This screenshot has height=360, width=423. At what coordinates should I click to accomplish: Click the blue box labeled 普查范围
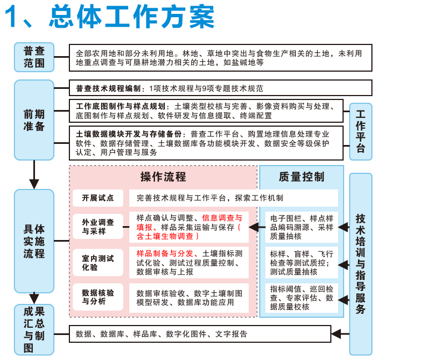34,57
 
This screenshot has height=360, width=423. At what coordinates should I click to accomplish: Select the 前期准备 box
34,120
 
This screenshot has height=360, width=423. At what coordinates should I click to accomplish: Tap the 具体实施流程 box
34,241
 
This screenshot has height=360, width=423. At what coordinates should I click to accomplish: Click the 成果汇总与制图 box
34,329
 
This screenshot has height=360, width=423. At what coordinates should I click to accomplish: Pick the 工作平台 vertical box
361,132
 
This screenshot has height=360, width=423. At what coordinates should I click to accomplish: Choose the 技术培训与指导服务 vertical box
361,264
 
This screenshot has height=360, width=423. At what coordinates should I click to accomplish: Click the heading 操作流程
163,177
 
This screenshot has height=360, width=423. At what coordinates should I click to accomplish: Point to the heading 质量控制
301,177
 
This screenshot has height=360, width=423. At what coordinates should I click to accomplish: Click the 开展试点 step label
98,198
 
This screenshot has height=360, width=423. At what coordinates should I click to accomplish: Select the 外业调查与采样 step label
98,227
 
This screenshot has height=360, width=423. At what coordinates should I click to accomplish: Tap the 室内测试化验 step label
98,263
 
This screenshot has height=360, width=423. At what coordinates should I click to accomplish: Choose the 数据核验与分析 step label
98,297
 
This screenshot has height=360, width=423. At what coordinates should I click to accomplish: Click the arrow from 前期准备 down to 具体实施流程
34,174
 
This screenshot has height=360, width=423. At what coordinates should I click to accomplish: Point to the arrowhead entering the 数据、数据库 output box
336,334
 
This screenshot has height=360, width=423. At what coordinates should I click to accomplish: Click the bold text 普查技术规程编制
108,88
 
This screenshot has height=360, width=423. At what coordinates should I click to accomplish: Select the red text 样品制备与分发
165,253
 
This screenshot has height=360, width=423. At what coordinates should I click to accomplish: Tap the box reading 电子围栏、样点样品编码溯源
301,227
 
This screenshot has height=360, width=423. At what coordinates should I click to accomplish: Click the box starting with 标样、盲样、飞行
301,263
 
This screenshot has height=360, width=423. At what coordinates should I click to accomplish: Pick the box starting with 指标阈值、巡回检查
301,298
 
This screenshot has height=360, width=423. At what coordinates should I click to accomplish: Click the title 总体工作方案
132,17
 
